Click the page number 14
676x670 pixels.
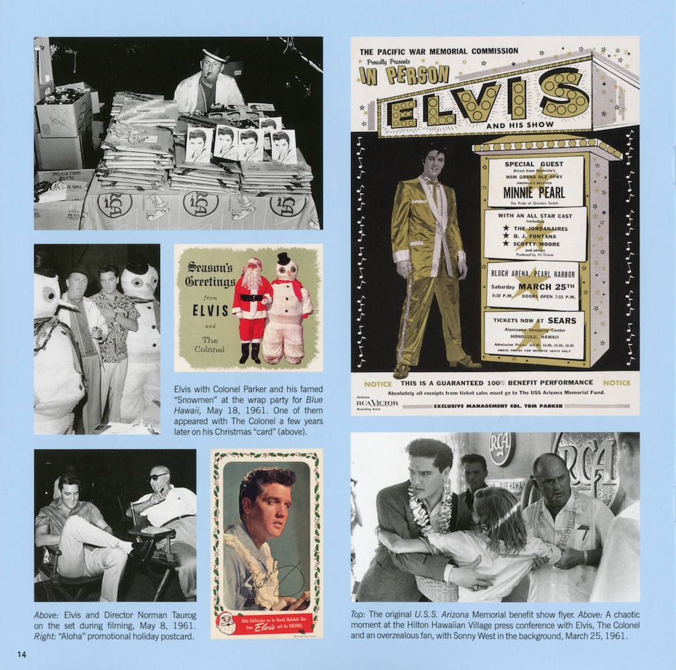pos(21,655)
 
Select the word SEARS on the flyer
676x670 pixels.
pos(561,320)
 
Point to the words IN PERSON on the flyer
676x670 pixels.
pos(403,74)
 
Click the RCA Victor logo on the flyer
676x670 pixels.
pos(377,403)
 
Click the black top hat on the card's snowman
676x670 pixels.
pos(284,258)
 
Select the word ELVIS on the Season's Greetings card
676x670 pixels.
pos(210,311)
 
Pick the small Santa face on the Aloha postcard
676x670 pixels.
pos(226,622)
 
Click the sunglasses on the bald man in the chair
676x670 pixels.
pos(157,476)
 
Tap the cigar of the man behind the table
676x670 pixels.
pos(216,75)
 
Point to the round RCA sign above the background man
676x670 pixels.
pos(502,448)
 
